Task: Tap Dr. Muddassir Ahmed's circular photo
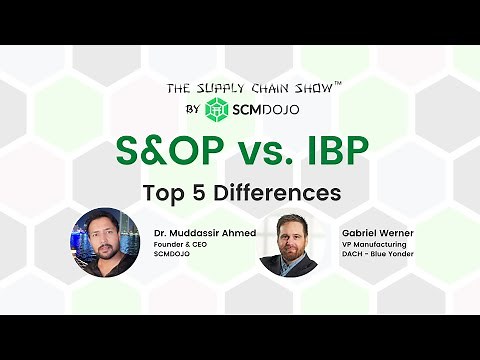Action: pos(104,242)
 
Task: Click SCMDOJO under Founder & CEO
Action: pos(171,255)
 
